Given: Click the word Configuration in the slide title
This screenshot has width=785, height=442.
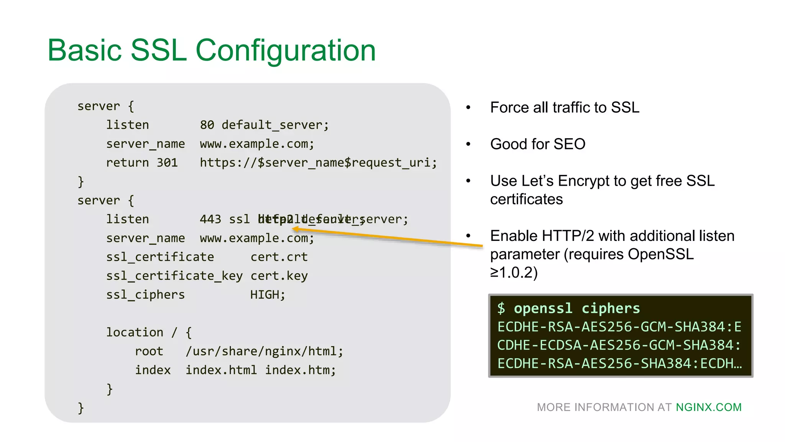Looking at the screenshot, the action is point(286,50).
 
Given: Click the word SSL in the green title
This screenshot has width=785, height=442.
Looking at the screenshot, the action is point(158,50).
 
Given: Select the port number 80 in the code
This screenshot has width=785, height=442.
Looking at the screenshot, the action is point(207,125).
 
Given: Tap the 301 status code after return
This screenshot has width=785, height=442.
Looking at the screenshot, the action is point(167,163).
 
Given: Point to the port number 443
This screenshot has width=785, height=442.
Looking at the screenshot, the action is point(210,219).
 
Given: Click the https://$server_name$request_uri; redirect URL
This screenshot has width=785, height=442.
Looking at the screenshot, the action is point(318,163).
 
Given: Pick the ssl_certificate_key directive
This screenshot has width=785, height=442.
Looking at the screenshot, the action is point(174,276).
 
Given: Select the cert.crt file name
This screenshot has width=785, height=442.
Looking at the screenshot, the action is point(279,257).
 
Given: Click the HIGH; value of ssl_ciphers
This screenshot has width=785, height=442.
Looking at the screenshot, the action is point(268,295).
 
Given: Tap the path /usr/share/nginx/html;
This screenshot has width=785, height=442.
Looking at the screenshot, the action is point(264,351).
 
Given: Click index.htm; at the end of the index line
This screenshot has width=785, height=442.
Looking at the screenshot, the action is point(301,370).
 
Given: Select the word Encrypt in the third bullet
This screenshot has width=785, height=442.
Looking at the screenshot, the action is point(590,181).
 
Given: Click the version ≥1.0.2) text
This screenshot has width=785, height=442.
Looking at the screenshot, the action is point(514,272).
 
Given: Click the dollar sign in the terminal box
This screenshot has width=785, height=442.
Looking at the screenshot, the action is point(501,308).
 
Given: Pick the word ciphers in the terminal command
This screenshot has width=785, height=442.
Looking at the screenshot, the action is point(611,308).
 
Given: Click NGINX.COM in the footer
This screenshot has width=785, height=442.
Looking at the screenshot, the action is point(708,407).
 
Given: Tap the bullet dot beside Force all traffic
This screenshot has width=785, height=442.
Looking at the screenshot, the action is point(468,108).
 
